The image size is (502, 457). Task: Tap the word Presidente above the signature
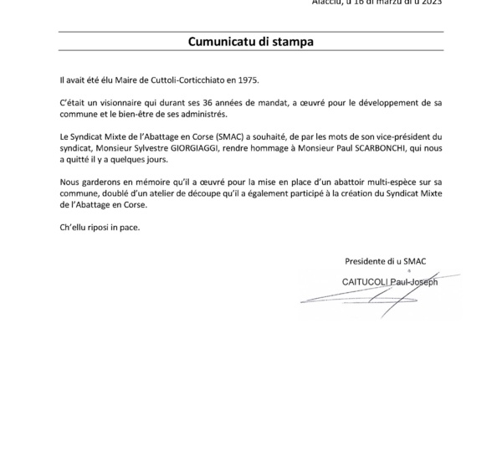pos(366,262)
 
